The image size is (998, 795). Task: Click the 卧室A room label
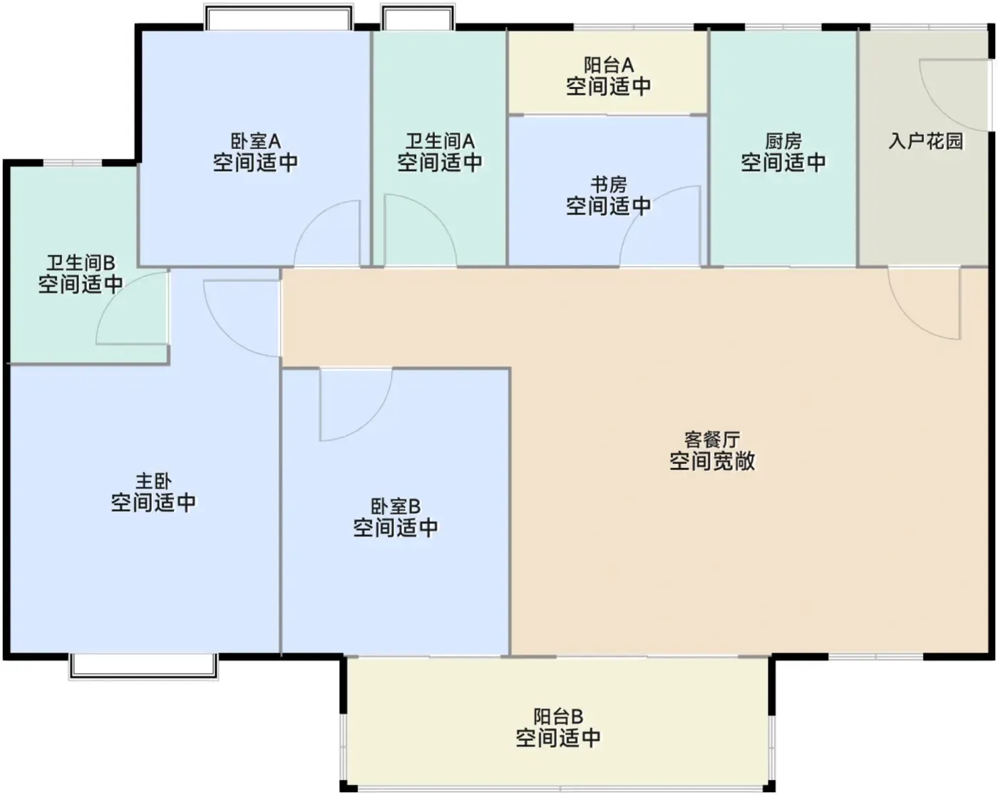pyautogui.click(x=255, y=141)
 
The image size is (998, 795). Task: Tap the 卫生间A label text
pyautogui.click(x=440, y=141)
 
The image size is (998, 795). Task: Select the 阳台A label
pyautogui.click(x=609, y=65)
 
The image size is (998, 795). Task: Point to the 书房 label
pyautogui.click(x=609, y=185)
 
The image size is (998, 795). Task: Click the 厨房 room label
pyautogui.click(x=783, y=141)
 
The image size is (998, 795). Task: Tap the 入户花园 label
pyautogui.click(x=926, y=141)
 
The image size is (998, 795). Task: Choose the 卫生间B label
pyautogui.click(x=81, y=263)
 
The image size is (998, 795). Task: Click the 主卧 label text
pyautogui.click(x=153, y=481)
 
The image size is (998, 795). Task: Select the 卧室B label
pyautogui.click(x=396, y=506)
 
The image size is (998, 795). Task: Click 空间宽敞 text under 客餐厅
pyautogui.click(x=712, y=461)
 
